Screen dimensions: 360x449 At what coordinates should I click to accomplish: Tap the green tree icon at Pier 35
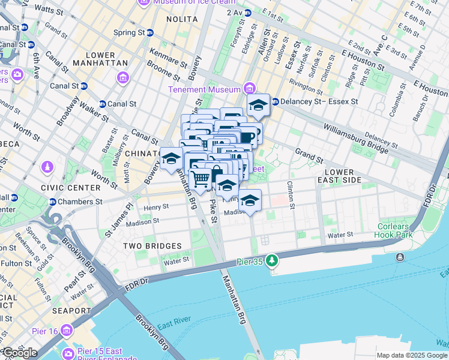coord(273,260)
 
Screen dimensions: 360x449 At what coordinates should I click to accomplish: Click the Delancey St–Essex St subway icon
coord(276,101)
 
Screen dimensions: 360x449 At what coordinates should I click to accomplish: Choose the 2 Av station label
coord(237,13)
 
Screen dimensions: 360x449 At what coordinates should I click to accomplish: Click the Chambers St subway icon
coord(53,202)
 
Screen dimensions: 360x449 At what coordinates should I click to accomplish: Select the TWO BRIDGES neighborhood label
coord(152,246)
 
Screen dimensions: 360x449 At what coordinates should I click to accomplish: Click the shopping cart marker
coord(200,178)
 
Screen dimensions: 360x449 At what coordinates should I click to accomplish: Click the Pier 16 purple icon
coord(66,331)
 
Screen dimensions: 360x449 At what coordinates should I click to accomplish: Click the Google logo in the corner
coord(20,352)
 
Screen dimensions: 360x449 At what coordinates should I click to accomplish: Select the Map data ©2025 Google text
coord(412,355)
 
